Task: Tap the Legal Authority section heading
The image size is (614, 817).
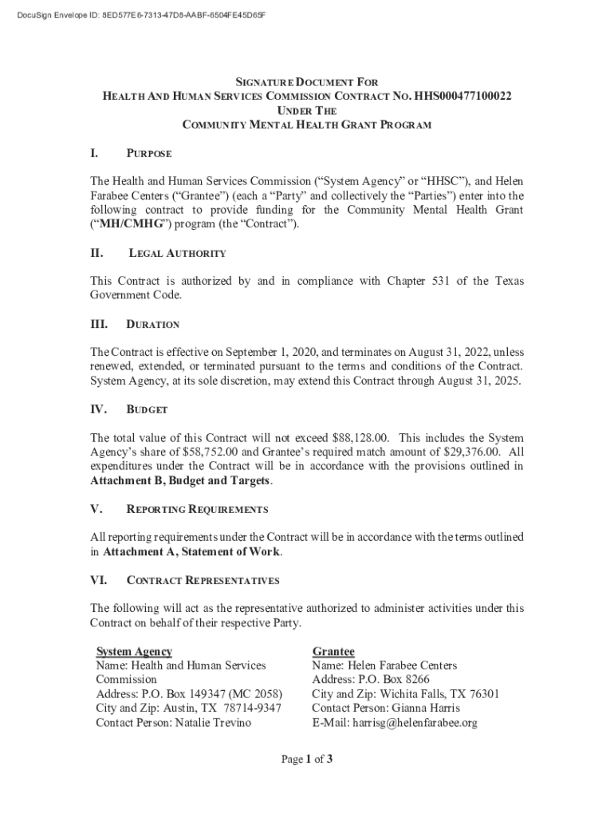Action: tap(177, 253)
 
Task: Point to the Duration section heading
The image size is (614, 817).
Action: tap(153, 325)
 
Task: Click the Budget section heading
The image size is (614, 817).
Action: tap(148, 409)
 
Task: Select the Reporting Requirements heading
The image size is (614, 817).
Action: tap(197, 509)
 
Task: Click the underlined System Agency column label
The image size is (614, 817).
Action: tap(134, 652)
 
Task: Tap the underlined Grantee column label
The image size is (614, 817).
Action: tap(333, 652)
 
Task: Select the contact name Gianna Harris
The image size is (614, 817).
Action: tap(428, 708)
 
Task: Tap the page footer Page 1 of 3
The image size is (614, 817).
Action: tap(306, 760)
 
